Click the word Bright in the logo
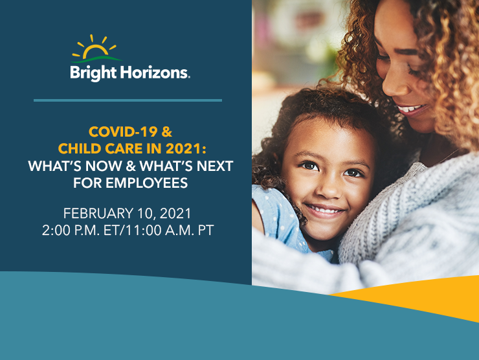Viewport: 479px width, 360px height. [93, 73]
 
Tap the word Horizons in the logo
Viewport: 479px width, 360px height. [154, 73]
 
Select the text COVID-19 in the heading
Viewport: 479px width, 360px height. [123, 131]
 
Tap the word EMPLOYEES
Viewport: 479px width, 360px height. [146, 183]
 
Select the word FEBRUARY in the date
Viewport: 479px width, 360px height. [98, 213]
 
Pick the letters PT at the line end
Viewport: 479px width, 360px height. [206, 231]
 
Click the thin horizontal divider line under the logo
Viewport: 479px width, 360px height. [128, 100]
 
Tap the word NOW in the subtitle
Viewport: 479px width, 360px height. [104, 166]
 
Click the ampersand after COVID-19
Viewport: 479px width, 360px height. [167, 131]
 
